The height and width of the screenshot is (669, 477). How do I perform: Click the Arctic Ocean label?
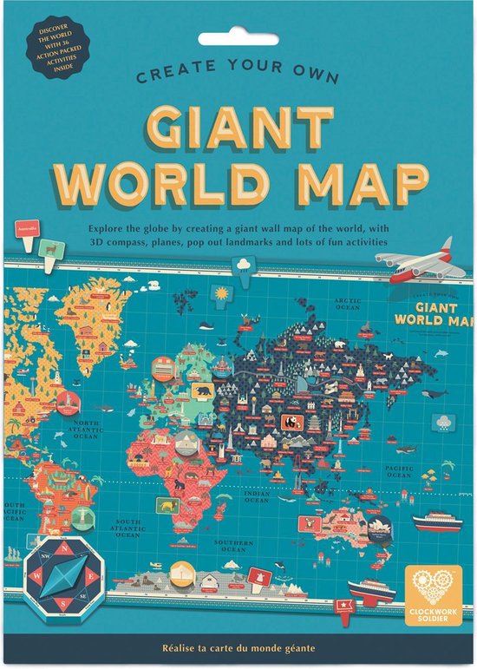[348, 304]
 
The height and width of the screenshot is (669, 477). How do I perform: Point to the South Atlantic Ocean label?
[127, 528]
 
